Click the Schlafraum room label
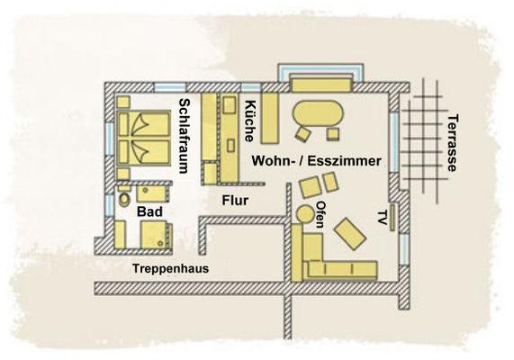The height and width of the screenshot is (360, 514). click(x=185, y=136)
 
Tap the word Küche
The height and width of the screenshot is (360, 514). click(x=249, y=121)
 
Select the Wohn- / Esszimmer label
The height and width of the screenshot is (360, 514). click(x=316, y=161)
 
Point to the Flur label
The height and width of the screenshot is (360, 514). click(x=235, y=201)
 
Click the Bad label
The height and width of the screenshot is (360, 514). click(x=149, y=211)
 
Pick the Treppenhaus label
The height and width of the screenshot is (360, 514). click(x=170, y=268)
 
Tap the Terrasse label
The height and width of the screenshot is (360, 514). click(x=452, y=143)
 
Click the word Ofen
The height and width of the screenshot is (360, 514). click(x=320, y=214)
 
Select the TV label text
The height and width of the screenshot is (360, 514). click(x=381, y=218)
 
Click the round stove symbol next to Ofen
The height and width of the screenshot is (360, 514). click(x=305, y=214)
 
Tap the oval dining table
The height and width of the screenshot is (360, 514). click(x=318, y=113)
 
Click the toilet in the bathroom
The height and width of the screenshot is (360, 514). click(x=124, y=199)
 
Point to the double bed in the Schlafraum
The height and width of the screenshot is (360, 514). click(x=144, y=138)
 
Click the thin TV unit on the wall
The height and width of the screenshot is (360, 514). click(x=392, y=217)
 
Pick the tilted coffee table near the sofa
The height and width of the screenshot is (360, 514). click(x=350, y=234)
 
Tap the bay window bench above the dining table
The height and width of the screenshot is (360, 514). click(x=322, y=85)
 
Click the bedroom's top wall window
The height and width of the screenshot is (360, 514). click(x=170, y=87)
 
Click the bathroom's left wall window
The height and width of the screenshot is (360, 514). click(x=109, y=205)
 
